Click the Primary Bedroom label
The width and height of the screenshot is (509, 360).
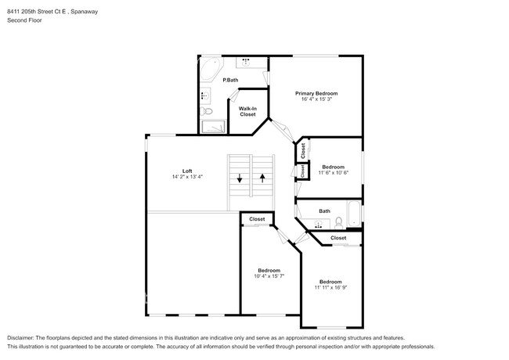click(x=316, y=93)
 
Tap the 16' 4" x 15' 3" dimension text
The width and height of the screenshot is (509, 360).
click(x=316, y=99)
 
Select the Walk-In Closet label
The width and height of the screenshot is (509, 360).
click(x=247, y=112)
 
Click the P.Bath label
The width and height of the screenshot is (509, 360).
click(x=230, y=80)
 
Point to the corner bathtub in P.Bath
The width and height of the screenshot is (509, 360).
click(x=211, y=69)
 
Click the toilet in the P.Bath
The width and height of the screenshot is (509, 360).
click(x=206, y=112)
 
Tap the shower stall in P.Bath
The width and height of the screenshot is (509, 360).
click(x=213, y=127)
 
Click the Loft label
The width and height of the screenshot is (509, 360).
click(x=187, y=171)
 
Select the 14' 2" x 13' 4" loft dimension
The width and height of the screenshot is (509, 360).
click(x=187, y=177)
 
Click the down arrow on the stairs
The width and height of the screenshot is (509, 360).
click(x=240, y=178)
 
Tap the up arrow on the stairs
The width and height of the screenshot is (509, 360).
click(x=262, y=178)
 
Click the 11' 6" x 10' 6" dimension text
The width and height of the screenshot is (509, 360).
click(x=334, y=173)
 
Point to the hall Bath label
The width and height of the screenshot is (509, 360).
click(x=325, y=211)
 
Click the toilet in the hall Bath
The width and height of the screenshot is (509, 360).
click(x=338, y=223)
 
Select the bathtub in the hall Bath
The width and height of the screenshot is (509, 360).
click(x=354, y=214)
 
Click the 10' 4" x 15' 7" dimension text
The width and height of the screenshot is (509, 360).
click(x=269, y=276)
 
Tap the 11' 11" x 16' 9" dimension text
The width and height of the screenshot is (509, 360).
click(x=330, y=287)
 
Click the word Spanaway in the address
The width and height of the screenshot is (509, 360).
click(x=85, y=12)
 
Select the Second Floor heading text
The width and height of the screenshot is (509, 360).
click(x=25, y=20)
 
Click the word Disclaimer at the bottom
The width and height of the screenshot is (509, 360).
click(x=20, y=338)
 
